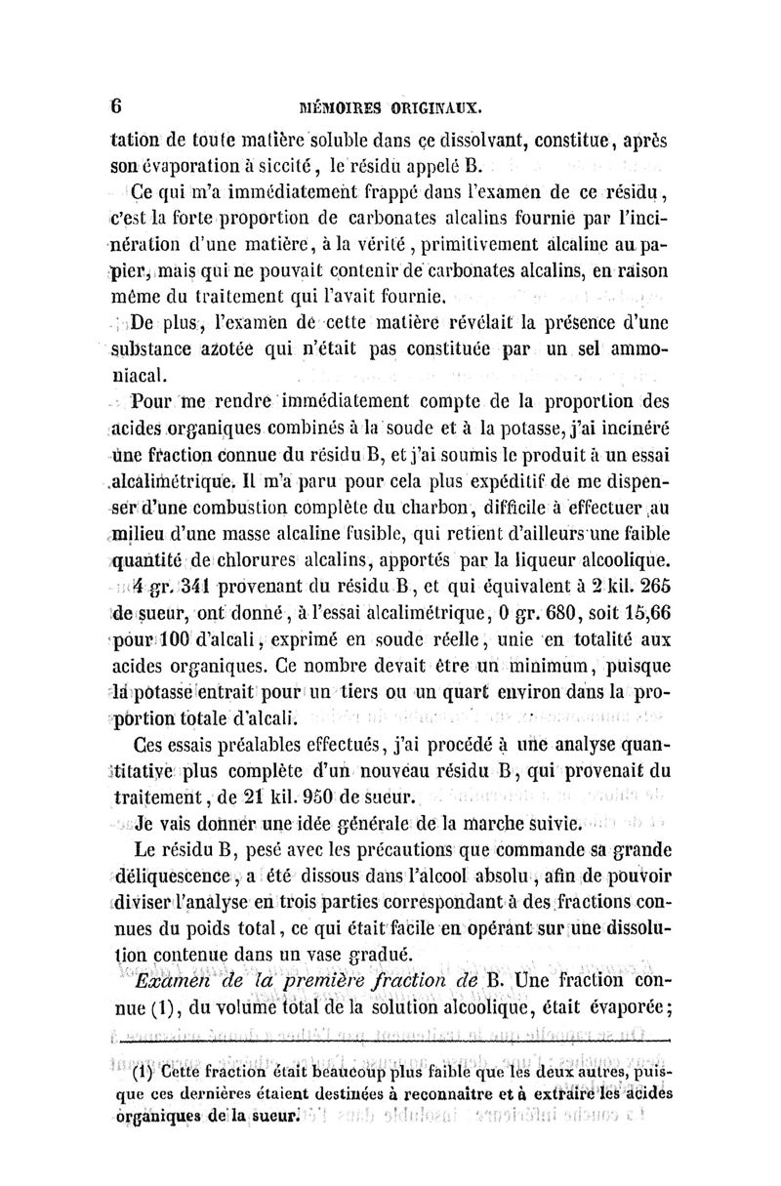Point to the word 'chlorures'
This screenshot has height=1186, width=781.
click(265, 560)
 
